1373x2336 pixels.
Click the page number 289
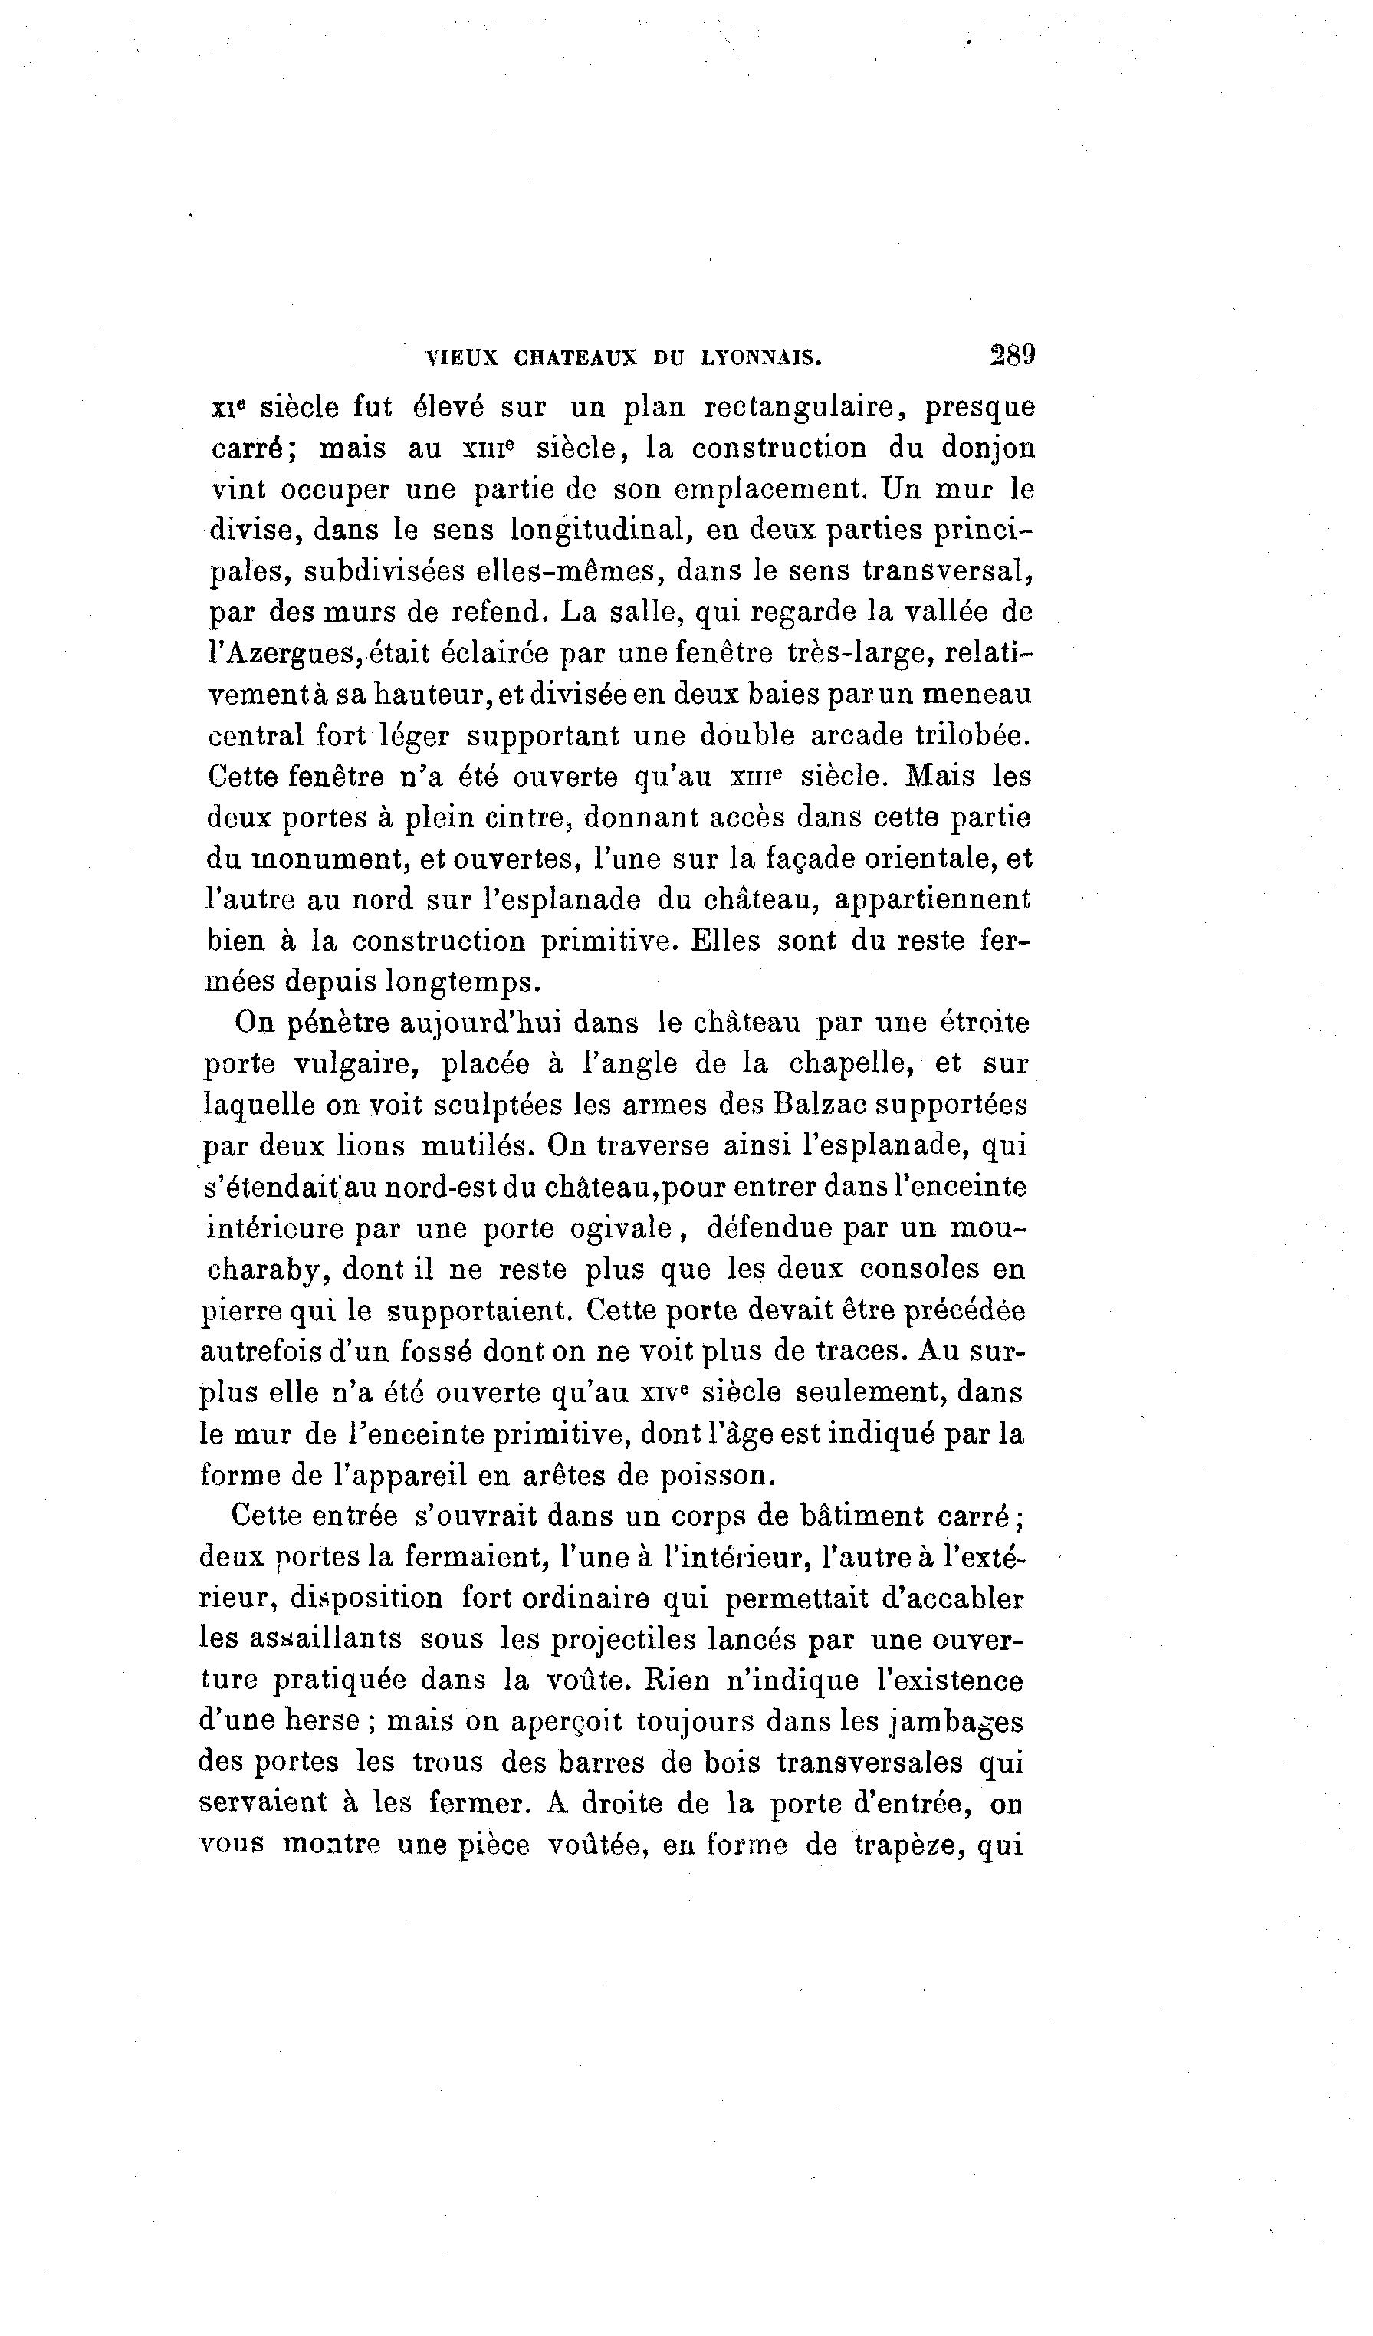point(1013,355)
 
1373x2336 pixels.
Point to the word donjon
point(988,448)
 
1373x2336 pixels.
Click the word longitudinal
point(603,531)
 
